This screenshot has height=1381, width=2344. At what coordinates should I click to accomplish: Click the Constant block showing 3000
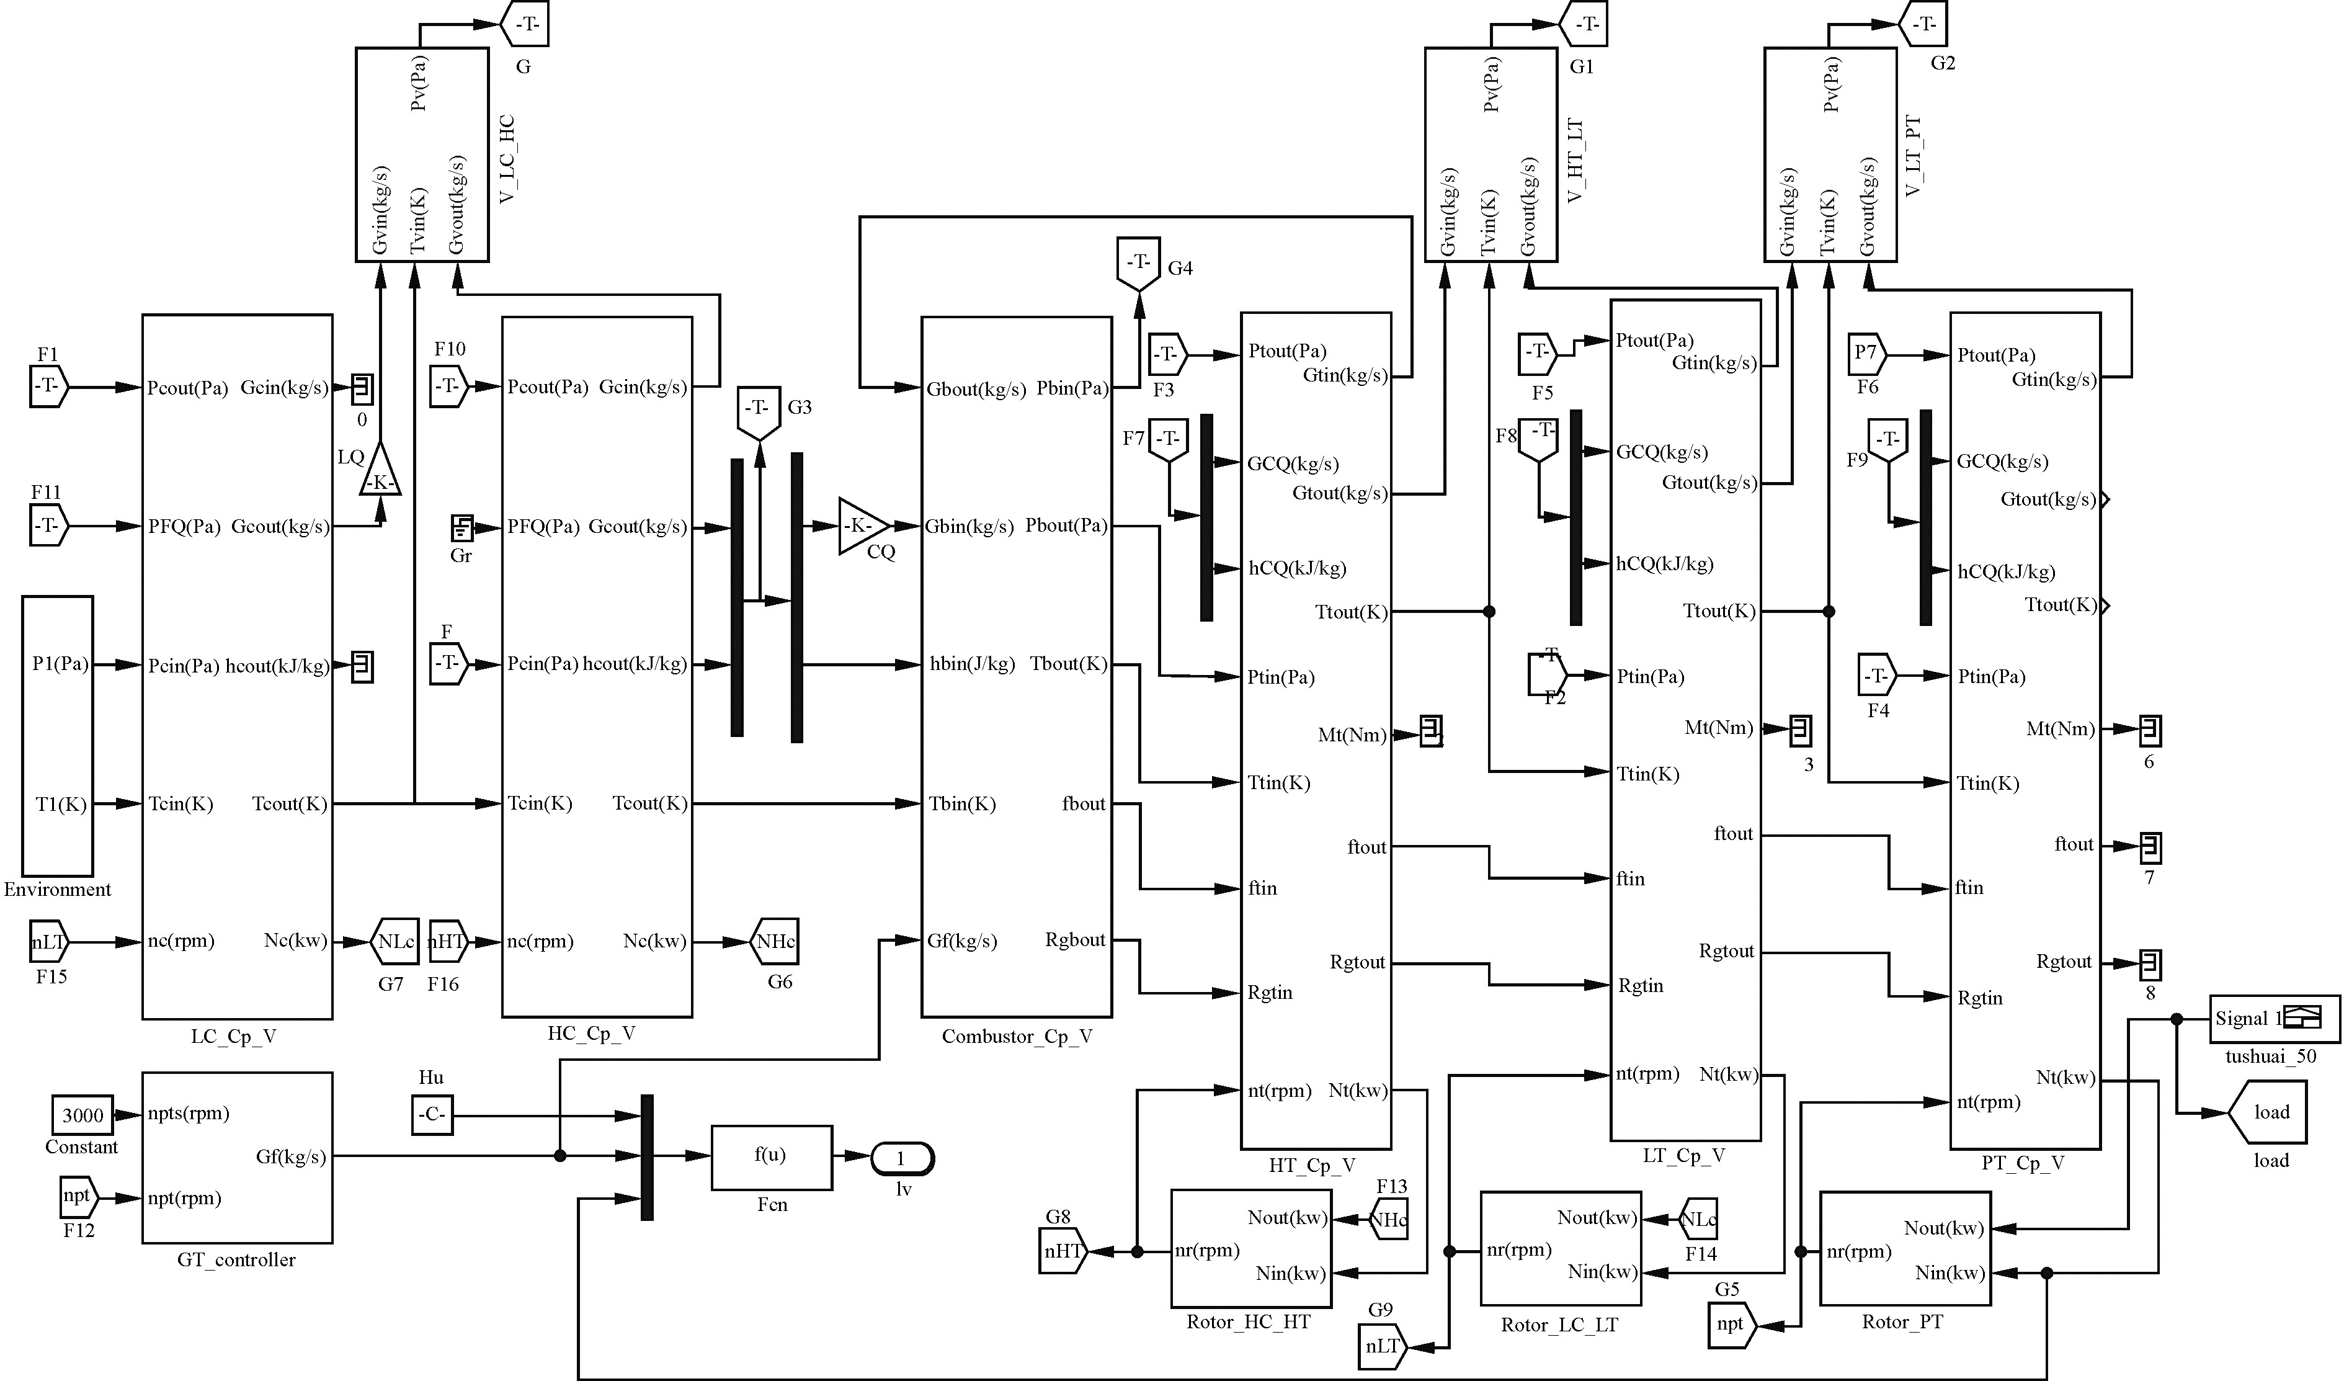pos(82,1115)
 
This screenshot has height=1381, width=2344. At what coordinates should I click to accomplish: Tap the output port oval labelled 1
pos(901,1159)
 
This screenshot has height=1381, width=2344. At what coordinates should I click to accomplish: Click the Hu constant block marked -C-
pos(432,1115)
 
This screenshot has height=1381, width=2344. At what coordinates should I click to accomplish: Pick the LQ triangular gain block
pos(380,471)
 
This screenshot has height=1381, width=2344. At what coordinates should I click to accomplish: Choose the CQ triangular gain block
pos(862,526)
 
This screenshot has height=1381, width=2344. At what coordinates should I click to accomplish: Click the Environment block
pos(58,735)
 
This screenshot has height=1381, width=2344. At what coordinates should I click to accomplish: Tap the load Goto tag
pos(2267,1112)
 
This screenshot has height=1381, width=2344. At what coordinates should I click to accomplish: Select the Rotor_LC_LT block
pos(1560,1248)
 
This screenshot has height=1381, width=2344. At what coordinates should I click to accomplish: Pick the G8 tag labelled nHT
pos(1063,1251)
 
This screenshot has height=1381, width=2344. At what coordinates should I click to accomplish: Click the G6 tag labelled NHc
pos(774,942)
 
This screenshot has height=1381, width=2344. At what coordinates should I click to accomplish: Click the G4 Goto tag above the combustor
pos(1139,263)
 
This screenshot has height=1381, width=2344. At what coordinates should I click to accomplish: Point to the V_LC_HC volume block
pos(422,154)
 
